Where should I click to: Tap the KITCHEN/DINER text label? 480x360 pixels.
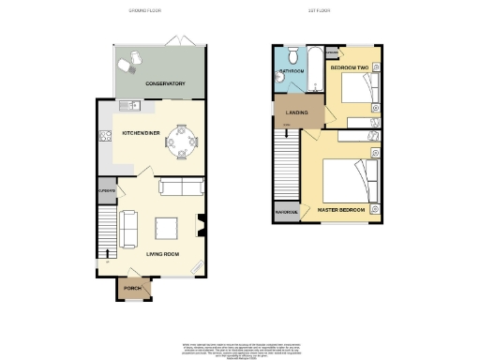click(142, 133)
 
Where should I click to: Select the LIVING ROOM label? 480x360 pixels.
click(162, 252)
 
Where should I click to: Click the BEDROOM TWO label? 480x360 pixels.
click(350, 68)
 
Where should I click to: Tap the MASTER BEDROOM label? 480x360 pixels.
click(340, 209)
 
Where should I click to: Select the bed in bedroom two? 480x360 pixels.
click(357, 89)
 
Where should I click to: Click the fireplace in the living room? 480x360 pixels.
click(201, 225)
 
